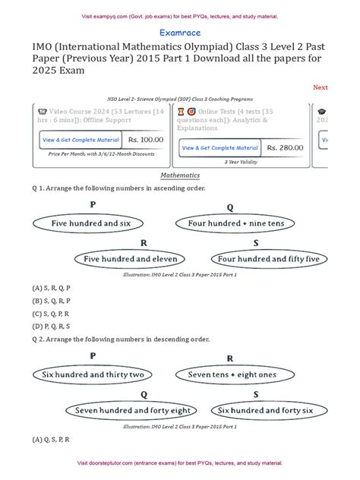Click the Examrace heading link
[x=180, y=33]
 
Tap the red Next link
[x=320, y=87]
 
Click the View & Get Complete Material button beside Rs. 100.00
[x=91, y=140]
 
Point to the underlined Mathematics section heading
[x=180, y=175]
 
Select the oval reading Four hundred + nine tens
[x=230, y=224]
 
